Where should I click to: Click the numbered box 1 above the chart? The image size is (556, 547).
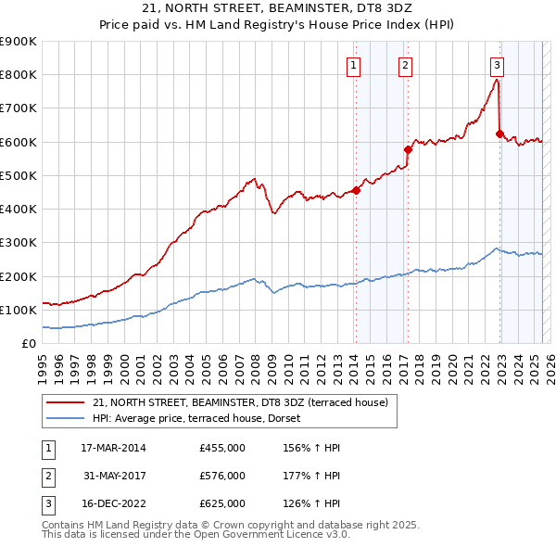pyautogui.click(x=355, y=65)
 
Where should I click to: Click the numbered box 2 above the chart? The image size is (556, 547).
pyautogui.click(x=406, y=65)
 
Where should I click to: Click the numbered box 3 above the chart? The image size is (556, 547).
pyautogui.click(x=498, y=65)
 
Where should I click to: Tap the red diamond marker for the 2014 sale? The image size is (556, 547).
pyautogui.click(x=356, y=190)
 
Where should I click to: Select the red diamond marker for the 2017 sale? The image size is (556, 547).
pyautogui.click(x=408, y=149)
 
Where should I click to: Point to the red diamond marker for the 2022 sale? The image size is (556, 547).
pyautogui.click(x=499, y=134)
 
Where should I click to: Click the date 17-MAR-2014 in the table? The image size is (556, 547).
pyautogui.click(x=113, y=448)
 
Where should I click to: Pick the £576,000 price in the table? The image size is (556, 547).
pyautogui.click(x=222, y=476)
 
